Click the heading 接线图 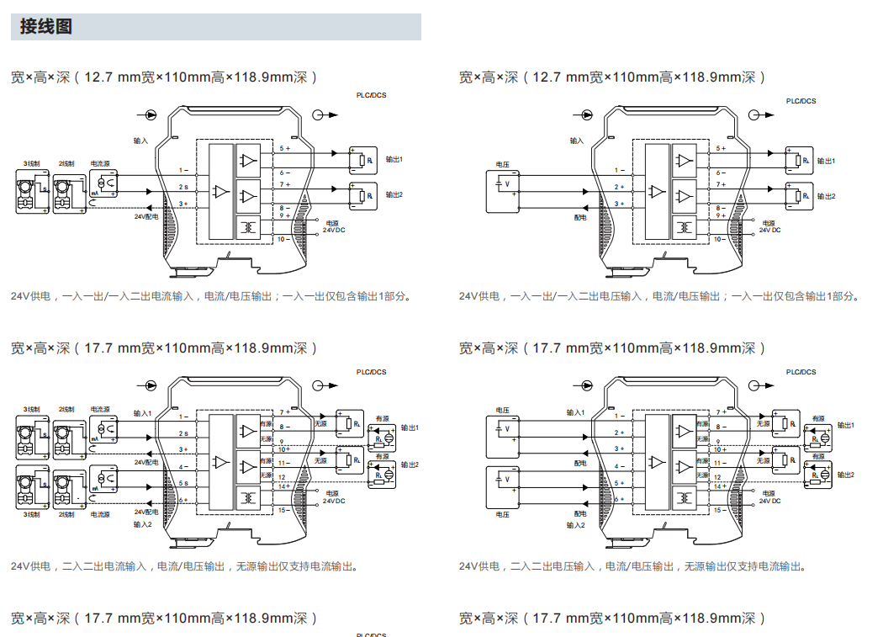coord(46,27)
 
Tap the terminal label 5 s coord(182,483)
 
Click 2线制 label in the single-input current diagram coord(66,163)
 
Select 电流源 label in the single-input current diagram coord(101,163)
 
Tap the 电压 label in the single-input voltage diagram coord(503,163)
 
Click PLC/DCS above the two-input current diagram coord(371,371)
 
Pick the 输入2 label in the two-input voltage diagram coord(575,525)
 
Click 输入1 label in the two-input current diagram coord(142,413)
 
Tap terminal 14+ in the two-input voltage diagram coord(720,486)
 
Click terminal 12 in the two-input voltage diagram coord(718,477)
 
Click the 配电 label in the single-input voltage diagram coord(580,216)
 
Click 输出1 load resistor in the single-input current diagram coord(360,161)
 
